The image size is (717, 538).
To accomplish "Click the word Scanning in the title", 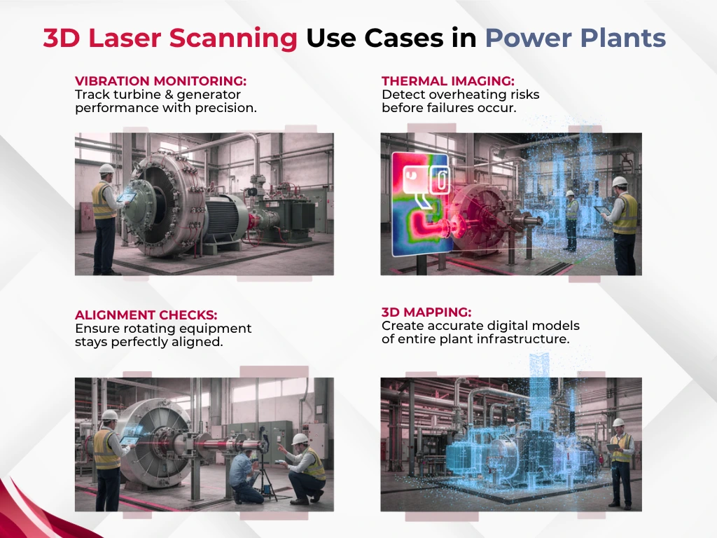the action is click(233, 39).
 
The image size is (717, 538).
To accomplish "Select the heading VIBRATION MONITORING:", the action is click(160, 81).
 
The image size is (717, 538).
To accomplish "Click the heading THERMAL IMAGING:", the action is click(448, 81).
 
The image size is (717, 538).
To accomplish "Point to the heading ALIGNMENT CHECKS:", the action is click(146, 315).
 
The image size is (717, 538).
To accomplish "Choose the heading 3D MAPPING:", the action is click(426, 312).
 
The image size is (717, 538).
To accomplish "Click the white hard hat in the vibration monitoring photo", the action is click(106, 168).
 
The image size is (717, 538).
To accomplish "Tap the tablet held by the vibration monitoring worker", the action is click(127, 198).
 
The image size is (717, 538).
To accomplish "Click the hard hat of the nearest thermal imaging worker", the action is click(620, 181).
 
